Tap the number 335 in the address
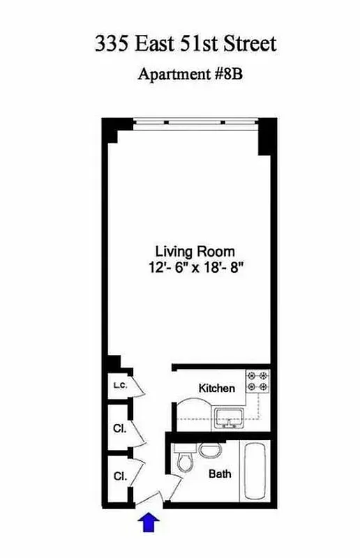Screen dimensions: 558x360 (x=112, y=44)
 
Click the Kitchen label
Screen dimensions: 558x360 (x=217, y=389)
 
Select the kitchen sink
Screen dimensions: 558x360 (x=227, y=418)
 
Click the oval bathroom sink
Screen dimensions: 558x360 (x=209, y=450)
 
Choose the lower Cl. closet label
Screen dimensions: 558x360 (x=119, y=476)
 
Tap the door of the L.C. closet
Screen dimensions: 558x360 (x=138, y=386)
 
